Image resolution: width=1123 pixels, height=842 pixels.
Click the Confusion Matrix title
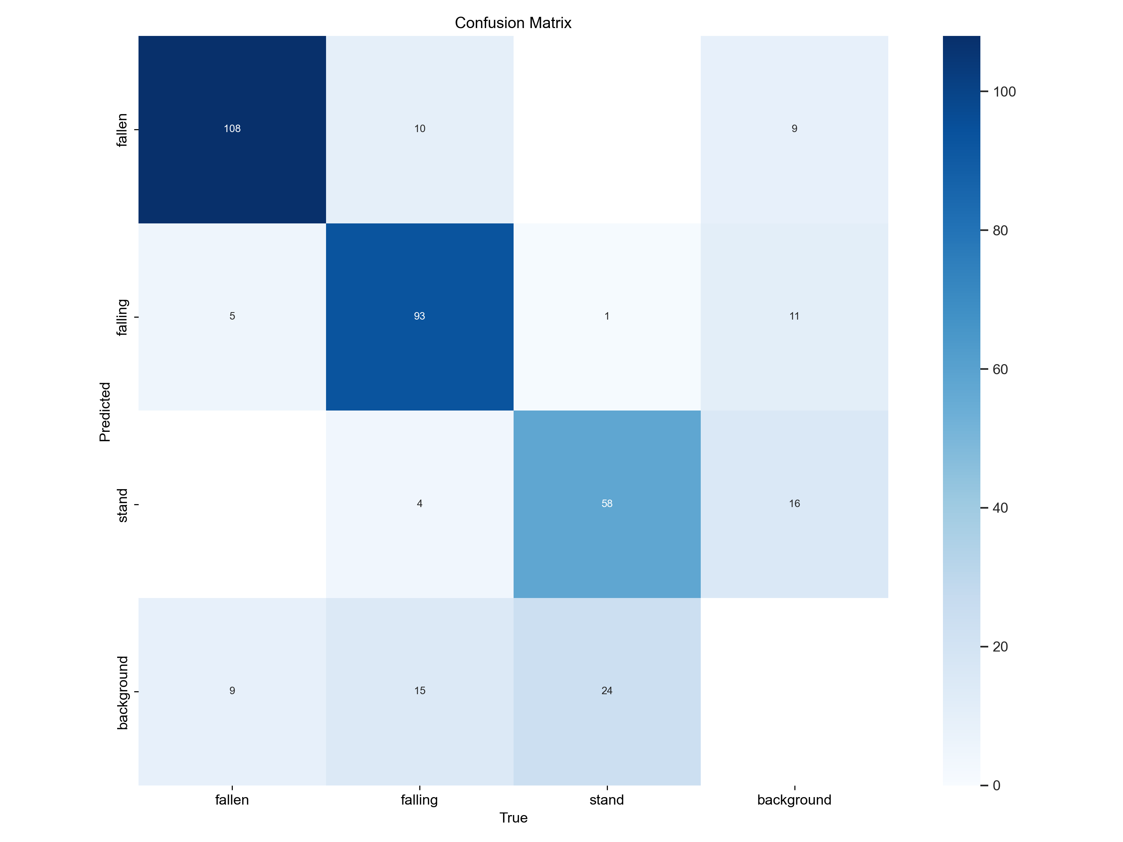click(x=513, y=23)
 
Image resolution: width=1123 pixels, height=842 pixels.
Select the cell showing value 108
click(x=232, y=129)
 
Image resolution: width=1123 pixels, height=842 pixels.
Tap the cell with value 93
click(x=419, y=317)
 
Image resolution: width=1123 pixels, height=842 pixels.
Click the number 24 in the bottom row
click(x=607, y=691)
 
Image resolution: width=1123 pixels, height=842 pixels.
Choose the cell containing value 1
click(x=607, y=317)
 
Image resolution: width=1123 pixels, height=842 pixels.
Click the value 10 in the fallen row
click(x=419, y=129)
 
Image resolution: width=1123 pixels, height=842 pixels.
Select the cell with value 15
click(x=419, y=691)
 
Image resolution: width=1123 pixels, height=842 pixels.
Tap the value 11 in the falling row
click(x=795, y=317)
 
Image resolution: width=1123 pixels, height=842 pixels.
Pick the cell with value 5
click(x=232, y=317)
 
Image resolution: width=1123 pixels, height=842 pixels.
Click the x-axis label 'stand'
click(x=607, y=800)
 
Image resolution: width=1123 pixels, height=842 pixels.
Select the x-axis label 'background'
click(x=795, y=800)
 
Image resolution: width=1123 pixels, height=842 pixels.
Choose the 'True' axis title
click(x=513, y=818)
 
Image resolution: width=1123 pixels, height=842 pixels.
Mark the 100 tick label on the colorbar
click(x=1004, y=92)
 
